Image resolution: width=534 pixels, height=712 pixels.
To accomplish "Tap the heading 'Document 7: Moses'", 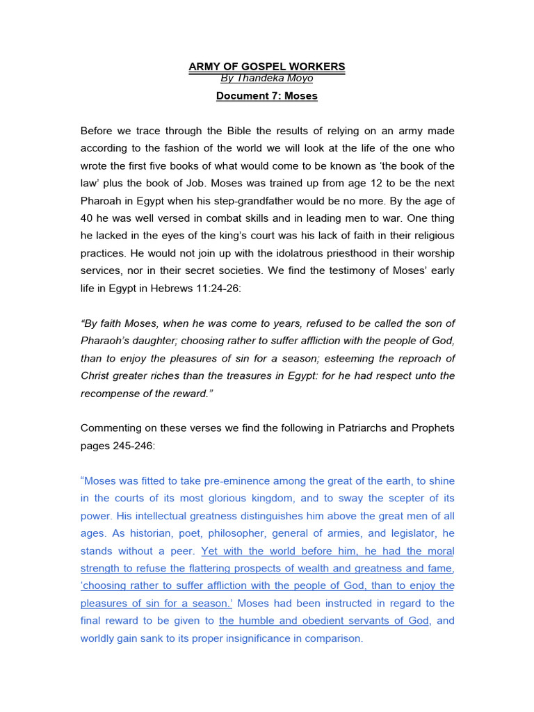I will (x=267, y=96).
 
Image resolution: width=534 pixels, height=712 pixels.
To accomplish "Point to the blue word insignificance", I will (x=273, y=638).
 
